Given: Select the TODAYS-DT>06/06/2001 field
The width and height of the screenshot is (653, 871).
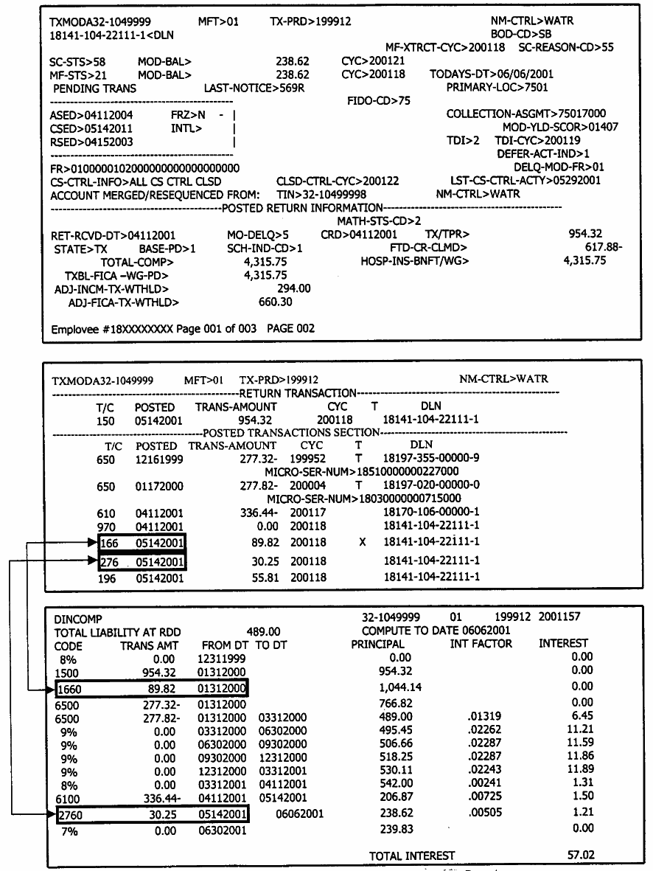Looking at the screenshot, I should (492, 74).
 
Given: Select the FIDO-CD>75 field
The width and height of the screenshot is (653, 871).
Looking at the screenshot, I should (378, 101).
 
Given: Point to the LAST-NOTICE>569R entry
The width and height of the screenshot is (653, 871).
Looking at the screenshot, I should (254, 88).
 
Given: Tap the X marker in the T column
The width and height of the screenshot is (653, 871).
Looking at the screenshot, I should (361, 544).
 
